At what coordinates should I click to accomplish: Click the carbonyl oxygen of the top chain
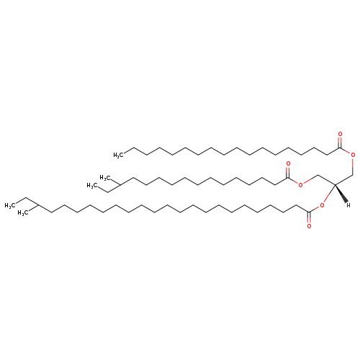pyautogui.click(x=340, y=134)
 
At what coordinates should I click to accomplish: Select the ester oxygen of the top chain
pyautogui.click(x=353, y=155)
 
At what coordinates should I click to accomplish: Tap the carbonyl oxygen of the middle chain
pyautogui.click(x=288, y=163)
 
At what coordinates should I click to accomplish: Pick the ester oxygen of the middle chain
pyautogui.click(x=300, y=184)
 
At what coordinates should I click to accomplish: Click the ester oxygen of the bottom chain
pyautogui.click(x=322, y=205)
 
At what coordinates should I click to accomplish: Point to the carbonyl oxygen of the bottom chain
pyautogui.click(x=309, y=226)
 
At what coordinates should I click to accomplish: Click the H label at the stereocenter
pyautogui.click(x=348, y=205)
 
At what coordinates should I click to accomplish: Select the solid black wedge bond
pyautogui.click(x=341, y=193)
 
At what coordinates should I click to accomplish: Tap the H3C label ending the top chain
pyautogui.click(x=119, y=155)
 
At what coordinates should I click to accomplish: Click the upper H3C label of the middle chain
pyautogui.click(x=105, y=178)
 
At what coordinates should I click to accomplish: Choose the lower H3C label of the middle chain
pyautogui.click(x=92, y=186)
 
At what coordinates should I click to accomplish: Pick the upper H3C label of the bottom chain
pyautogui.click(x=10, y=205)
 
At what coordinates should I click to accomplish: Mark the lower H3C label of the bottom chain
pyautogui.click(x=23, y=213)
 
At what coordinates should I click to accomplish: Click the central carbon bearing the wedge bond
pyautogui.click(x=335, y=184)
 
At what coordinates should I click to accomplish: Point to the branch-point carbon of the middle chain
pyautogui.click(x=120, y=184)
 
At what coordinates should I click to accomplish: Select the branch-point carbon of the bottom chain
pyautogui.click(x=38, y=205)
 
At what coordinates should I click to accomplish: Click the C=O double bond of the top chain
pyautogui.click(x=340, y=142)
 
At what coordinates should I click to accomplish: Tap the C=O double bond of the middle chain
pyautogui.click(x=288, y=172)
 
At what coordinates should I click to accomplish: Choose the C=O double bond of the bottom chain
pyautogui.click(x=309, y=217)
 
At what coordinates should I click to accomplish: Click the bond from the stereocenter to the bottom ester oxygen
pyautogui.click(x=329, y=194)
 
